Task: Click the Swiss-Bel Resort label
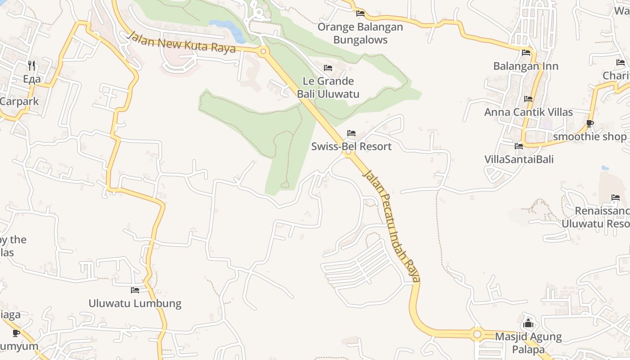click(351, 147)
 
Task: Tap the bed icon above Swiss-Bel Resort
click(351, 133)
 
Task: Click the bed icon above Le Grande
click(328, 68)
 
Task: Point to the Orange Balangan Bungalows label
click(360, 33)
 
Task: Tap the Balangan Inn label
click(526, 66)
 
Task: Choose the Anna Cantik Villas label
click(528, 112)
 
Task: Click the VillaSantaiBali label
click(519, 159)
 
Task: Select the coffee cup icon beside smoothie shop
click(590, 123)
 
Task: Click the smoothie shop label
click(589, 136)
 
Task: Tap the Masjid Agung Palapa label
click(528, 343)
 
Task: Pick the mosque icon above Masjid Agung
click(528, 324)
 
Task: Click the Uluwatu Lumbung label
click(135, 303)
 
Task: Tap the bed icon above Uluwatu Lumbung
click(135, 290)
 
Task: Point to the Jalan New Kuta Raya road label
click(181, 42)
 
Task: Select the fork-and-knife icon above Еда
click(31, 66)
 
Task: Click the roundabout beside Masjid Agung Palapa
click(477, 334)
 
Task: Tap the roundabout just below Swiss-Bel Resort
click(348, 153)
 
